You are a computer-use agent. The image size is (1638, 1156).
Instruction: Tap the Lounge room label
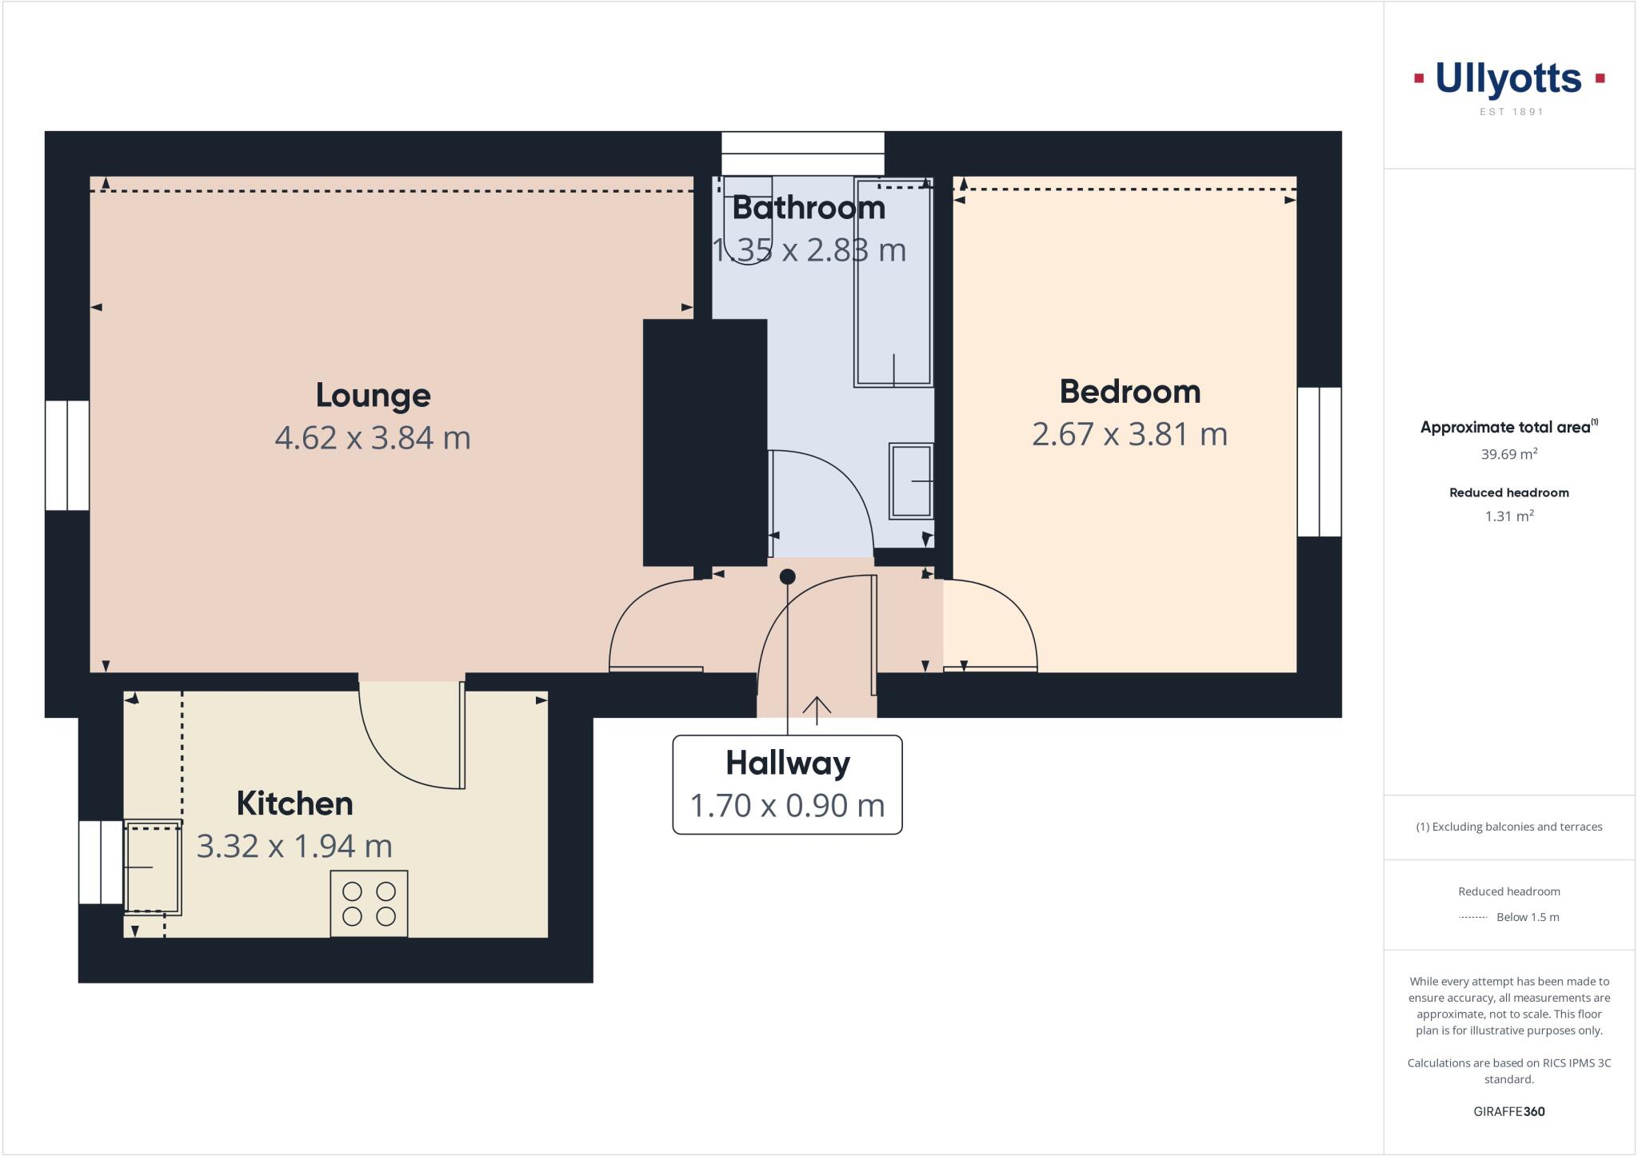tap(373, 395)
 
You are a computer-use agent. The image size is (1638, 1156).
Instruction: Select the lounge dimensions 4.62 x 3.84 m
tap(373, 437)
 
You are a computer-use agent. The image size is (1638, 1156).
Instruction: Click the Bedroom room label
tap(1129, 392)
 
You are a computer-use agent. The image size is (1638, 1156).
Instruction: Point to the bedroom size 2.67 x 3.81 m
tap(1129, 434)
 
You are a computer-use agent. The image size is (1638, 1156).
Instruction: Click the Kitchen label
tap(294, 803)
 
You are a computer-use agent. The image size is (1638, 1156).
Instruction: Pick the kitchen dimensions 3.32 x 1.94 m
tap(294, 846)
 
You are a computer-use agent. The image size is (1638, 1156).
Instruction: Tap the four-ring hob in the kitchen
tap(369, 903)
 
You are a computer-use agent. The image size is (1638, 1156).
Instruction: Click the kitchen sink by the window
tap(153, 867)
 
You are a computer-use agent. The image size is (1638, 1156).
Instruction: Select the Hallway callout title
tap(788, 763)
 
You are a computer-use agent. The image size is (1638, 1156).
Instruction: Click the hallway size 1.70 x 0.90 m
tap(788, 805)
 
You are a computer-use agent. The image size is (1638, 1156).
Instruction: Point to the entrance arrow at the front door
tap(817, 709)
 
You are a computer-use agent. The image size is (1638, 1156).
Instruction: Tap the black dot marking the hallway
tap(788, 576)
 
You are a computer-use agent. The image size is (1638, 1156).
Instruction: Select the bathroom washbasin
tap(911, 481)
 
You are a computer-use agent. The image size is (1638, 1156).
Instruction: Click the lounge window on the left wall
tap(67, 455)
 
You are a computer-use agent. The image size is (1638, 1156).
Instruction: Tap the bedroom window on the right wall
tap(1319, 461)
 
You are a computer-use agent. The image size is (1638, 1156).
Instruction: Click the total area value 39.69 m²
tap(1509, 454)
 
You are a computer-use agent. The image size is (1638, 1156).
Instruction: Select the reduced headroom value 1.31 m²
tap(1509, 516)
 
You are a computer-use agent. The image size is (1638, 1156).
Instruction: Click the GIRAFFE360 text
tap(1509, 1111)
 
